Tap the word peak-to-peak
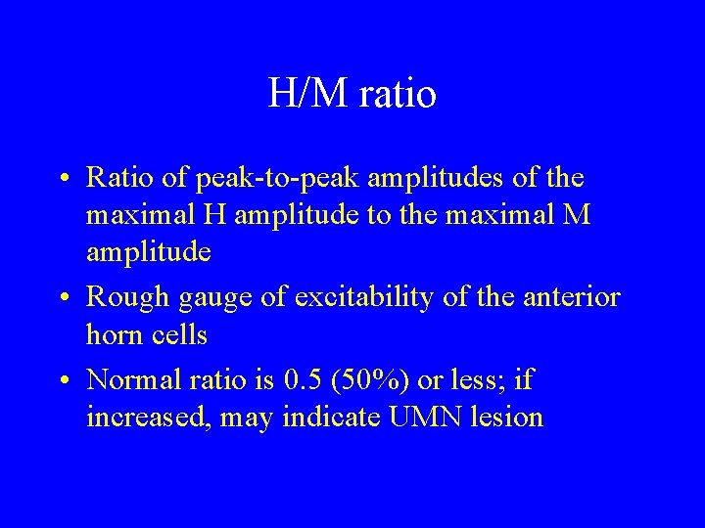point(256,179)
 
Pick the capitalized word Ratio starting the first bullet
point(114,179)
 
